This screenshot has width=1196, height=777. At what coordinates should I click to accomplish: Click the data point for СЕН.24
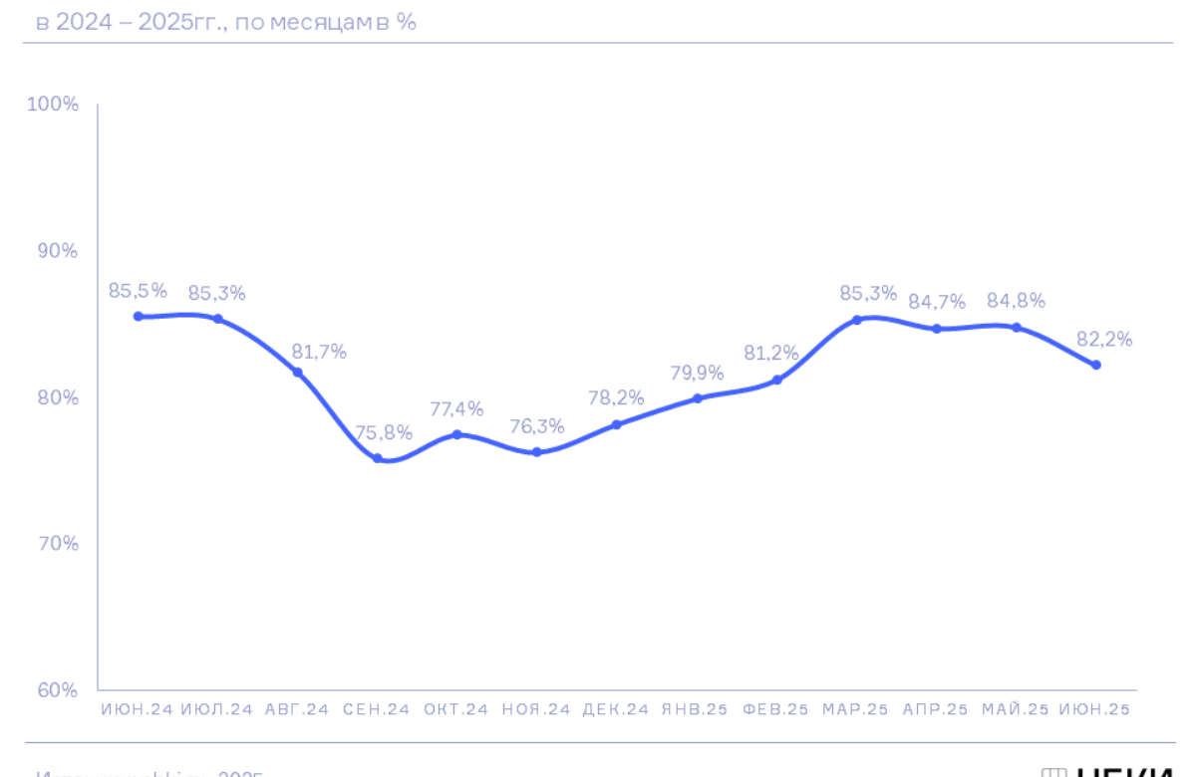378,458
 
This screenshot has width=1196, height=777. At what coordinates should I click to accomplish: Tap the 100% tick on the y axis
58,105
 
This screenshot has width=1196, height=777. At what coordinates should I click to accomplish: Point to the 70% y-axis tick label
58,544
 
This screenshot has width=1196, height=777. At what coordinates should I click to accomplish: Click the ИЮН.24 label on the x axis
138,710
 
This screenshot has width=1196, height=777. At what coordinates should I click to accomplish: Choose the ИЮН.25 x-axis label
1095,710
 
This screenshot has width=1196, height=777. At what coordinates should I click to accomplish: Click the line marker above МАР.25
856,320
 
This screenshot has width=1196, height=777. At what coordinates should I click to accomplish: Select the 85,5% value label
138,291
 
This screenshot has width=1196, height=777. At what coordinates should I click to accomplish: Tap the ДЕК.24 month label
616,710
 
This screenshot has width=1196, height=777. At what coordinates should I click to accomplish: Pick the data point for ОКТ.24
456,434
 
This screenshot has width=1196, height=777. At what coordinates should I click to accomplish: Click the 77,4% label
456,408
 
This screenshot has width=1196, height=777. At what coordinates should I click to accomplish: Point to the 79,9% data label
697,373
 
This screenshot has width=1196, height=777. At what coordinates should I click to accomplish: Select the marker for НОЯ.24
536,451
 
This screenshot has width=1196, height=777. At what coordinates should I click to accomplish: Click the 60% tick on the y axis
58,689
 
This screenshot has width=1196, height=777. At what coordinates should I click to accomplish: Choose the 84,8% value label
1016,301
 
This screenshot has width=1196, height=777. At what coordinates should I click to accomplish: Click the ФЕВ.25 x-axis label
776,710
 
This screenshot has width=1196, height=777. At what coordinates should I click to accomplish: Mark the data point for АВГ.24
297,373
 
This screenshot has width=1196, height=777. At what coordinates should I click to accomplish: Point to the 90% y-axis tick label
58,251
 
